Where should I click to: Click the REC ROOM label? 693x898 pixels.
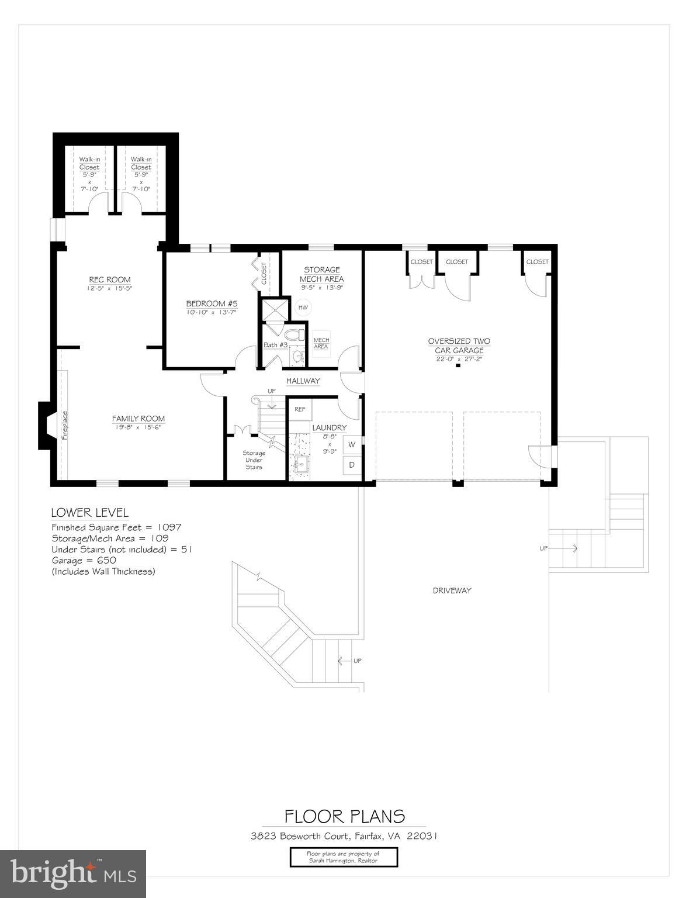[x=109, y=279]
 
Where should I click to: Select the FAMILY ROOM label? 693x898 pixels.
[x=138, y=419]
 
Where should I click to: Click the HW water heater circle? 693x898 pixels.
[x=303, y=308]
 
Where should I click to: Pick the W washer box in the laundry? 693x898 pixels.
[x=352, y=444]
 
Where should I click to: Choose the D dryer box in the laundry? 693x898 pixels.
[x=352, y=465]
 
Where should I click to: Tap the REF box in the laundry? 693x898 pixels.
[x=299, y=409]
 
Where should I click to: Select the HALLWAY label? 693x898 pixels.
[x=303, y=381]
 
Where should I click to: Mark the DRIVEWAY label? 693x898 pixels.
[x=452, y=590]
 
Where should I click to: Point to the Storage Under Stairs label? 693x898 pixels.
[x=254, y=460]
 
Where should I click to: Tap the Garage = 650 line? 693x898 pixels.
[x=84, y=560]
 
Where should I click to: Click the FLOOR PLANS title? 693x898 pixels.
[x=344, y=816]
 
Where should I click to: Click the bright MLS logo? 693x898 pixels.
[x=73, y=874]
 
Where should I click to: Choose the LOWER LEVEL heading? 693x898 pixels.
[x=89, y=513]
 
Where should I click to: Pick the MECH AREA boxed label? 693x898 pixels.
[x=321, y=343]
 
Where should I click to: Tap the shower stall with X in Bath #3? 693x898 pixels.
[x=274, y=310]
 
